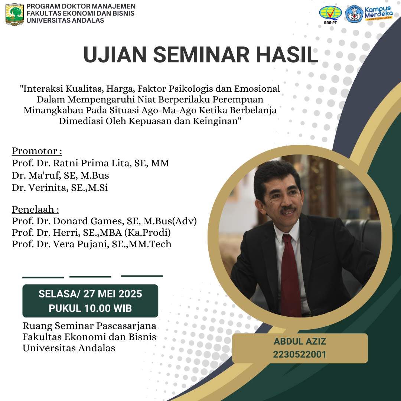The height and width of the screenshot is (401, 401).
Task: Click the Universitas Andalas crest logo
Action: click(x=14, y=14)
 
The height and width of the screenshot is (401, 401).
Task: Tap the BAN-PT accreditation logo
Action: click(x=330, y=14)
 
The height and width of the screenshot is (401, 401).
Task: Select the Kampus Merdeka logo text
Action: click(x=379, y=13)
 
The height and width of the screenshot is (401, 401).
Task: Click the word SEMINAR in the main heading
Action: click(x=201, y=55)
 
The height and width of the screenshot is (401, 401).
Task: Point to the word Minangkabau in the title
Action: click(x=53, y=110)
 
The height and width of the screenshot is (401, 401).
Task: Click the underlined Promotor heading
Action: click(x=37, y=151)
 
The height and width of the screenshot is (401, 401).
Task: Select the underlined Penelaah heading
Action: click(x=36, y=209)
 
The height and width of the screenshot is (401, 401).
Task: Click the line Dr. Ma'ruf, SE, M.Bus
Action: click(x=61, y=175)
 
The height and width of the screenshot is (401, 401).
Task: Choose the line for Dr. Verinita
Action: click(x=60, y=188)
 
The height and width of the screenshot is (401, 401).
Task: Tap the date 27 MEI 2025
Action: click(x=113, y=294)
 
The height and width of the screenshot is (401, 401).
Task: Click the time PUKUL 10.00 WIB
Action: click(x=90, y=309)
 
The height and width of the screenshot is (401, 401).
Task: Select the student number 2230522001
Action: click(x=300, y=355)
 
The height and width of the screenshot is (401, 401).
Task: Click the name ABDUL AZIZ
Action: click(x=300, y=342)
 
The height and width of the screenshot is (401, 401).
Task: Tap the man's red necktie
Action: click(x=291, y=276)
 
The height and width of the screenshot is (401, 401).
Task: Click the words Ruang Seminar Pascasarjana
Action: click(x=89, y=326)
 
